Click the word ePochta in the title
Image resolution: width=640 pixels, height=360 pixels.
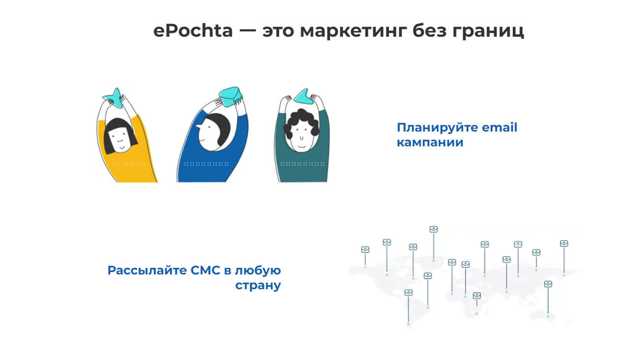point(193,31)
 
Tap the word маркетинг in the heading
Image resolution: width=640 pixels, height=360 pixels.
point(353,32)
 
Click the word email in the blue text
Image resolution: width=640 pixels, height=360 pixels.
point(500,128)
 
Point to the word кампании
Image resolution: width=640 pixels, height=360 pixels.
point(430,142)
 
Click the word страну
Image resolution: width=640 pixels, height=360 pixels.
point(258,286)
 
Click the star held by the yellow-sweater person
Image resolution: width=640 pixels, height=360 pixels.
point(115,98)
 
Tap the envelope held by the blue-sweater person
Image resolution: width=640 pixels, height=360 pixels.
point(230,97)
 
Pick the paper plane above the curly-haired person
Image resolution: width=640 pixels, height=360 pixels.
point(303,97)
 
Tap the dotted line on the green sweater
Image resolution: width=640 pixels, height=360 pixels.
point(302,164)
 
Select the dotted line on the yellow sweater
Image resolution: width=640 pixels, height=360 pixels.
point(128,164)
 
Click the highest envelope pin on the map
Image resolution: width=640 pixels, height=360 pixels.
point(433,229)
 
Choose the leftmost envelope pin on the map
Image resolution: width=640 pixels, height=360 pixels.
point(365,250)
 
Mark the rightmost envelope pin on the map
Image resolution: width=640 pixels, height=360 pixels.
point(564,243)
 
